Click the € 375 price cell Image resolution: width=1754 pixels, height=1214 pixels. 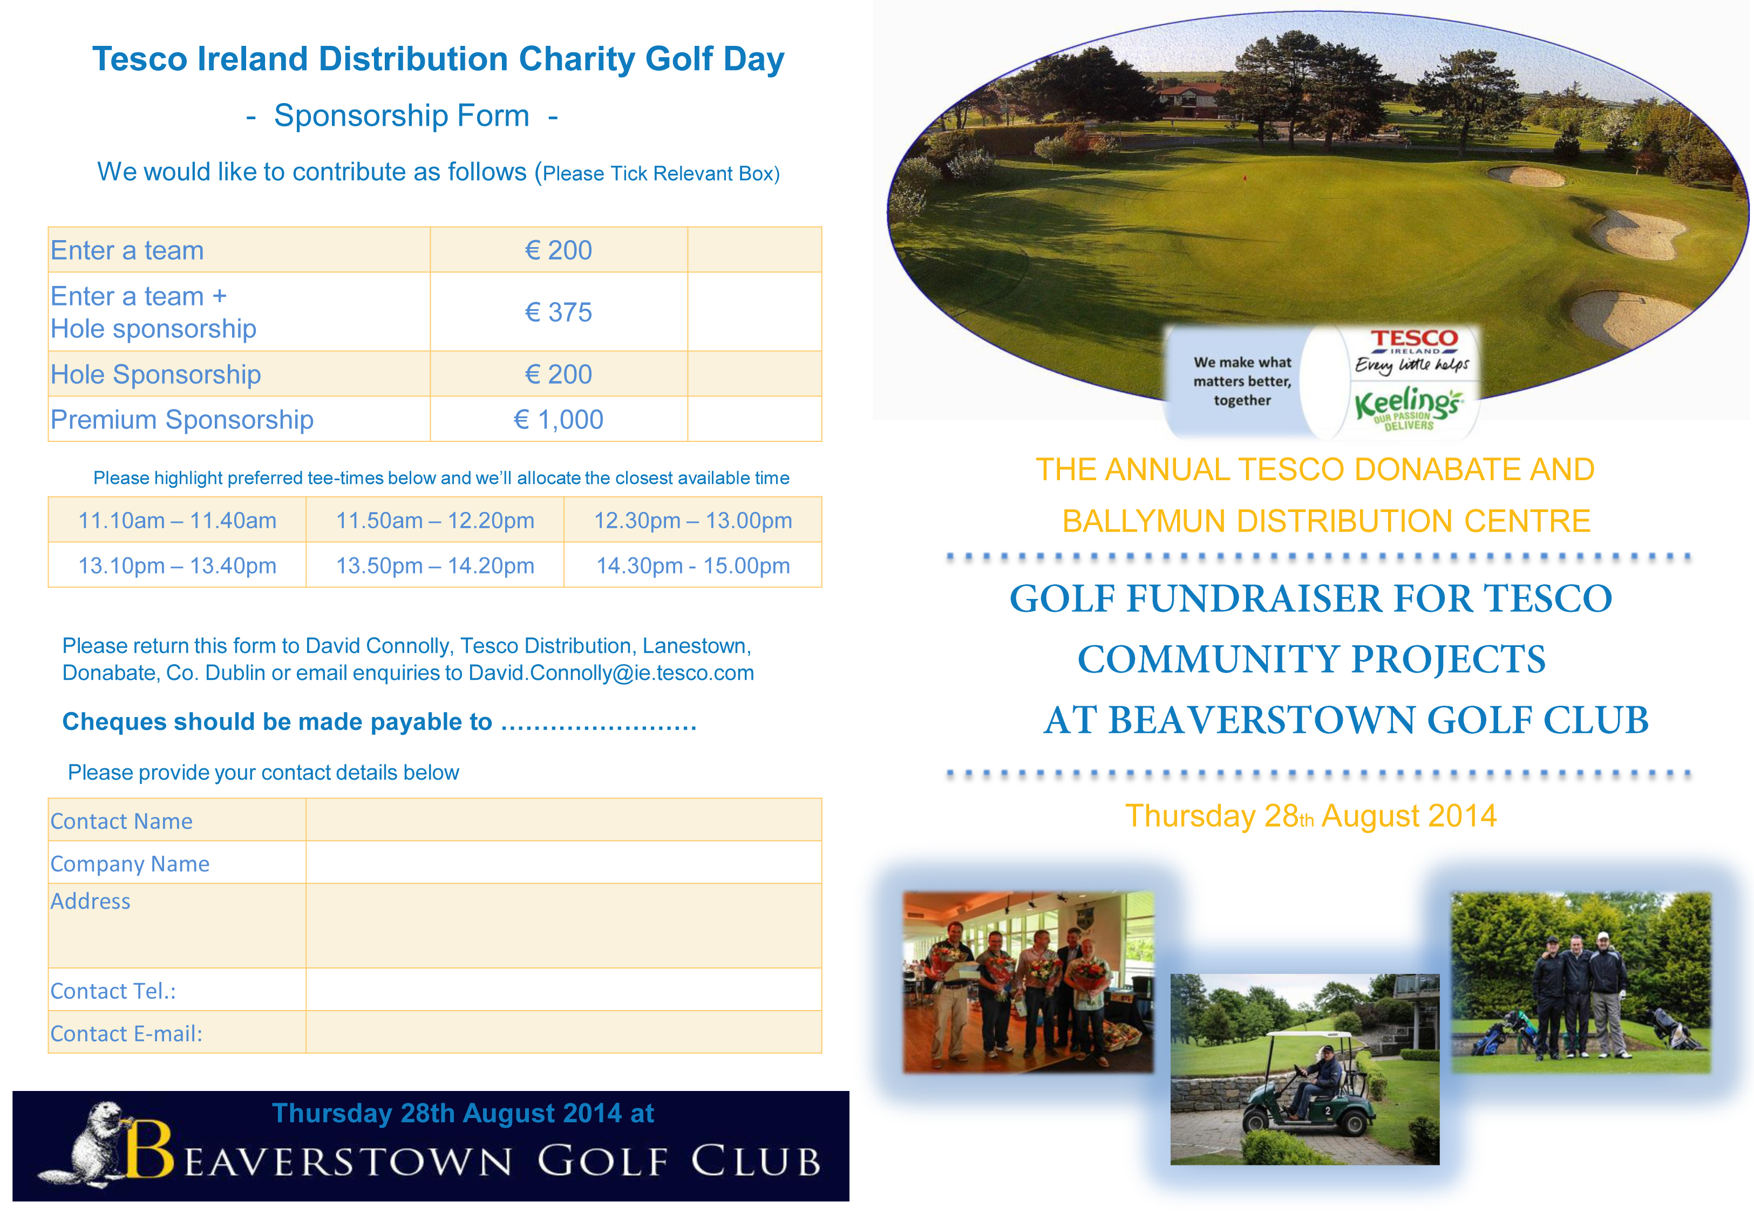[558, 312]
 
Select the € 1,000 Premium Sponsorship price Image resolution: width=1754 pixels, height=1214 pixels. [558, 419]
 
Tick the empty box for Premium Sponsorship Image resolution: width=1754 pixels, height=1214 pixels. [754, 419]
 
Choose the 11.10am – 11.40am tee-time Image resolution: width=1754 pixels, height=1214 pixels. [177, 520]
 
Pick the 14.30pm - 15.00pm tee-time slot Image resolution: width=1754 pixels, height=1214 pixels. [693, 565]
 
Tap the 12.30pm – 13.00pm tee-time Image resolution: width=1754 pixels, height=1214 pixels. [693, 520]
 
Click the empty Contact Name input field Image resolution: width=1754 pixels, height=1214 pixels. [563, 820]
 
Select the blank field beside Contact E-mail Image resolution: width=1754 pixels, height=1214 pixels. [563, 1032]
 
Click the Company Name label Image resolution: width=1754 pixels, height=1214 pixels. [130, 863]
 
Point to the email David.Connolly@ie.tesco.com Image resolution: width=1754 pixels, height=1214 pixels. [611, 673]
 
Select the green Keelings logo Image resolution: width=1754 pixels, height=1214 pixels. [1407, 406]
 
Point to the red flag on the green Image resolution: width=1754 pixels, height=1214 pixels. [1245, 178]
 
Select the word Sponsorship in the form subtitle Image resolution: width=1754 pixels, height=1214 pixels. [402, 115]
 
